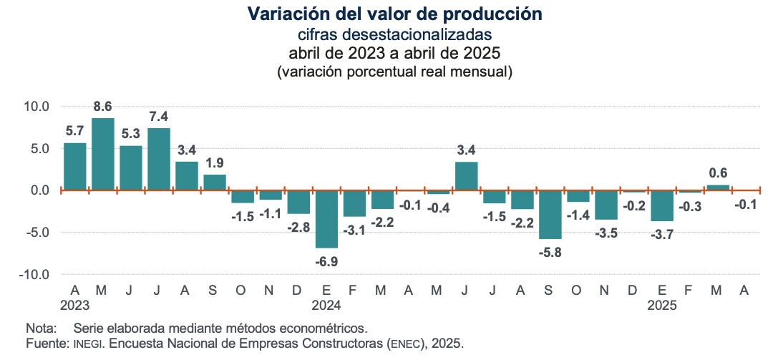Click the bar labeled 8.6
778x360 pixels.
[x=103, y=155]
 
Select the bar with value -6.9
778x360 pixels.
[x=326, y=219]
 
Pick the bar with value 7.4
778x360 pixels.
[x=159, y=160]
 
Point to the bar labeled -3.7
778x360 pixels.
[x=662, y=206]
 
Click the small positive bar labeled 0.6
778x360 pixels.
[x=718, y=188]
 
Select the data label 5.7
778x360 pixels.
[x=75, y=131]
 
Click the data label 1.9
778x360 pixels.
[x=215, y=162]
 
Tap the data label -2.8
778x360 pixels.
[x=298, y=227]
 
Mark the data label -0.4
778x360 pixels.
[x=438, y=208]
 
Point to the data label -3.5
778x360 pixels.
[x=606, y=233]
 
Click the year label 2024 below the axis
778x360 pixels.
[x=326, y=305]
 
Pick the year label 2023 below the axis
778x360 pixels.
[x=75, y=305]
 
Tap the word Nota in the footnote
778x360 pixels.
[x=41, y=329]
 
